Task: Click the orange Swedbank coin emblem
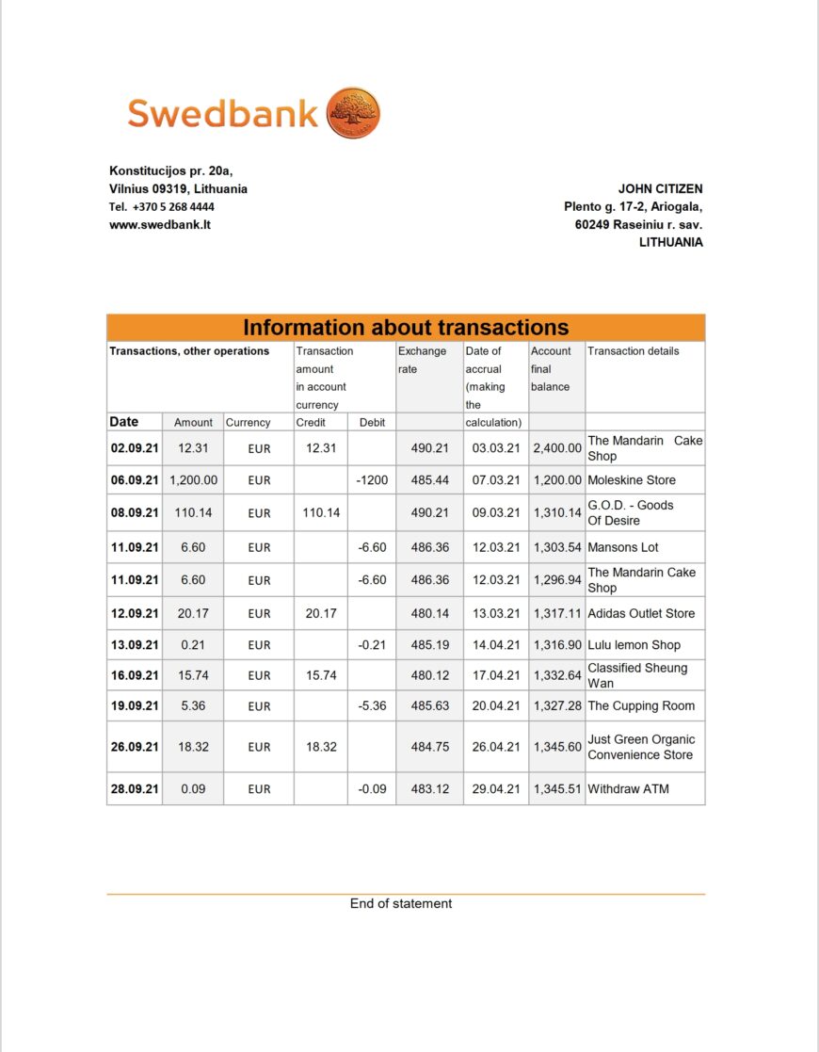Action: (x=353, y=114)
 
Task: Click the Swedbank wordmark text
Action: (x=223, y=114)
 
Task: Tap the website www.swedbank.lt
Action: (x=160, y=224)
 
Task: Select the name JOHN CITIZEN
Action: (x=660, y=188)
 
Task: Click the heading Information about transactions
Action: (x=406, y=328)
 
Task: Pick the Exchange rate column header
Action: (x=422, y=360)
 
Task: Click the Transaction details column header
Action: (x=633, y=351)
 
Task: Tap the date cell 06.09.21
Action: (x=135, y=479)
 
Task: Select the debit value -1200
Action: (x=373, y=479)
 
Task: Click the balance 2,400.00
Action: (x=557, y=448)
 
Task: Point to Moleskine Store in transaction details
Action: (x=632, y=479)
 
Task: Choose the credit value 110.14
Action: (x=321, y=512)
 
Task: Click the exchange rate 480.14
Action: (x=430, y=613)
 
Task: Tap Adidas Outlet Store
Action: (x=641, y=613)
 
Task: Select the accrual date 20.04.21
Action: (x=496, y=705)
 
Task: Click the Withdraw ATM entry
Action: (x=628, y=788)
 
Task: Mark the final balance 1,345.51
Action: (x=557, y=788)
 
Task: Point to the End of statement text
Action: (x=401, y=903)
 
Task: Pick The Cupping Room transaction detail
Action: (x=641, y=705)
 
